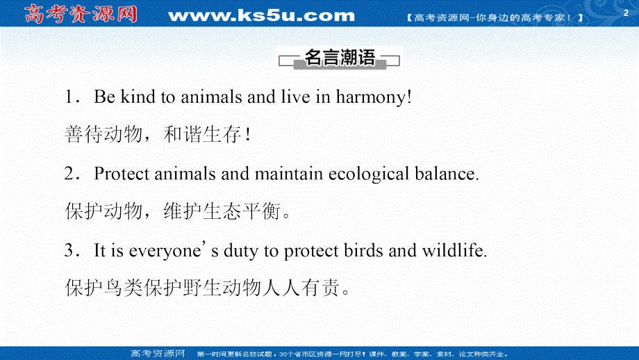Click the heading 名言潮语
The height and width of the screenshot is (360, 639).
pos(340,58)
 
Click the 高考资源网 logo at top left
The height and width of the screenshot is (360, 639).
pos(81,15)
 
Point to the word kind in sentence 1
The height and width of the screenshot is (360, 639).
pos(138,97)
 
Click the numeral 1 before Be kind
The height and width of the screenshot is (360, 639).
pos(69,97)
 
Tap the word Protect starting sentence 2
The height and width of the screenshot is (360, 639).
pos(122,174)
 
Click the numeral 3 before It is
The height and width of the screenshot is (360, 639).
pos(69,251)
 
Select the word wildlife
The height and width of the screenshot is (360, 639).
pos(455,251)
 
